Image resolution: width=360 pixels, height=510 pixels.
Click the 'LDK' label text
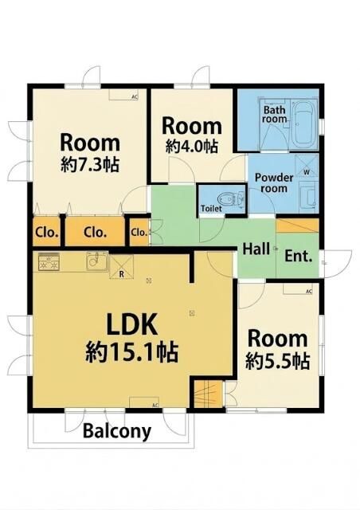pyautogui.click(x=135, y=325)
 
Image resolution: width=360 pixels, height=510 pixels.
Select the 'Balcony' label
pyautogui.click(x=117, y=431)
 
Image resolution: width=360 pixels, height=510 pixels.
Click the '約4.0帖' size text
pyautogui.click(x=191, y=146)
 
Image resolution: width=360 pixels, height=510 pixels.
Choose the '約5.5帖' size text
pyautogui.click(x=277, y=360)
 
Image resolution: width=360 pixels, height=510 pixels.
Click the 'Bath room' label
pyautogui.click(x=275, y=114)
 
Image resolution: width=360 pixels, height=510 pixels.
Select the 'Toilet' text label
pyautogui.click(x=211, y=208)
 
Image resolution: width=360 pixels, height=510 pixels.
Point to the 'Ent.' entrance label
pyautogui.click(x=298, y=257)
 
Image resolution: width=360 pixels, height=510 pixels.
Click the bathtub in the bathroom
pyautogui.click(x=305, y=124)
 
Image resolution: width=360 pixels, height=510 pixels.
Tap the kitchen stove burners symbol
pyautogui.click(x=49, y=259)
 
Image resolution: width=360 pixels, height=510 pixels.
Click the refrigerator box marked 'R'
pyautogui.click(x=121, y=264)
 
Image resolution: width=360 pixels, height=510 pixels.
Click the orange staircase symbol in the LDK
pyautogui.click(x=205, y=394)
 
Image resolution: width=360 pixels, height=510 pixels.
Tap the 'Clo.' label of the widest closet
pyautogui.click(x=96, y=233)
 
